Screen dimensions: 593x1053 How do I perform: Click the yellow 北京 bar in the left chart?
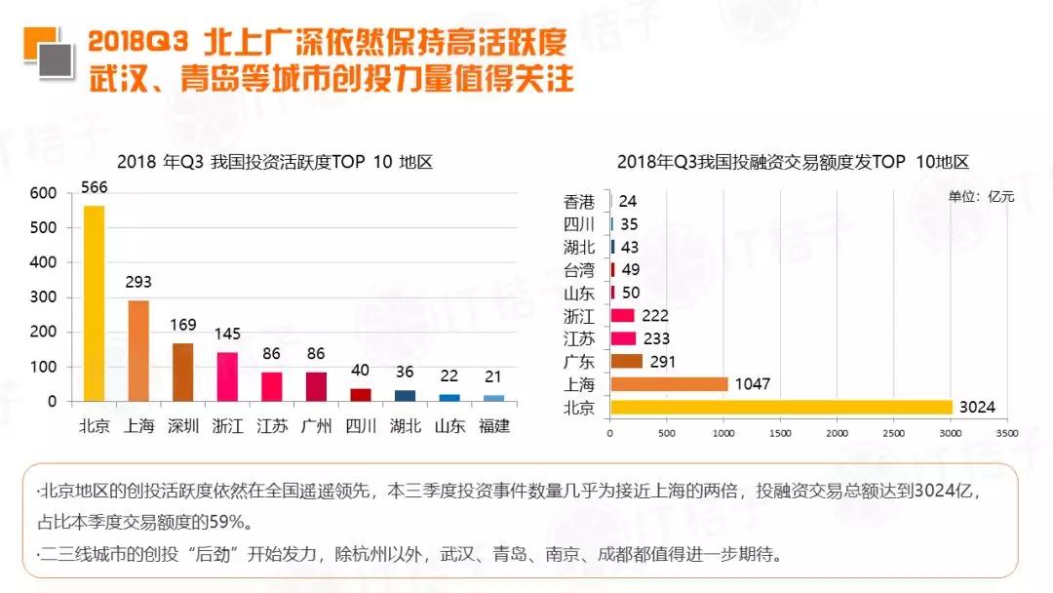(x=94, y=303)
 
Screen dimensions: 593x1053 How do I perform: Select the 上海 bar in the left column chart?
(x=138, y=351)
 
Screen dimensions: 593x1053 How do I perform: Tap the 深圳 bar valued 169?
(x=183, y=372)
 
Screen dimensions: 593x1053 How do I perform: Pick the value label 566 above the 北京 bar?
(x=95, y=187)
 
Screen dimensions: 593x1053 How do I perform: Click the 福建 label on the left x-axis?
(x=495, y=426)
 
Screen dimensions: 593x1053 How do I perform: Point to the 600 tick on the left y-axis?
(x=43, y=193)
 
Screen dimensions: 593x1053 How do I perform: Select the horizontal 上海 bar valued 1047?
(x=669, y=384)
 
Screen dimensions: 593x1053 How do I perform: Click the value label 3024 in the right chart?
(x=977, y=408)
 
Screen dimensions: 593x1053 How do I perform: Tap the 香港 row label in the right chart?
(x=579, y=202)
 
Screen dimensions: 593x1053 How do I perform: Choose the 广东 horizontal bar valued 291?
(x=626, y=361)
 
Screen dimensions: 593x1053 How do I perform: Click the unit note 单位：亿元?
(x=981, y=197)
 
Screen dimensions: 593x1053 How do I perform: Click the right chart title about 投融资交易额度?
(x=793, y=162)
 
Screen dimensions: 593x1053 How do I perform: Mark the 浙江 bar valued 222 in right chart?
(x=622, y=315)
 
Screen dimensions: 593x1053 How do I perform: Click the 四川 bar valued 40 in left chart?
(x=361, y=394)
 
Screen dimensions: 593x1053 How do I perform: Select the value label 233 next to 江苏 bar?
(x=658, y=338)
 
